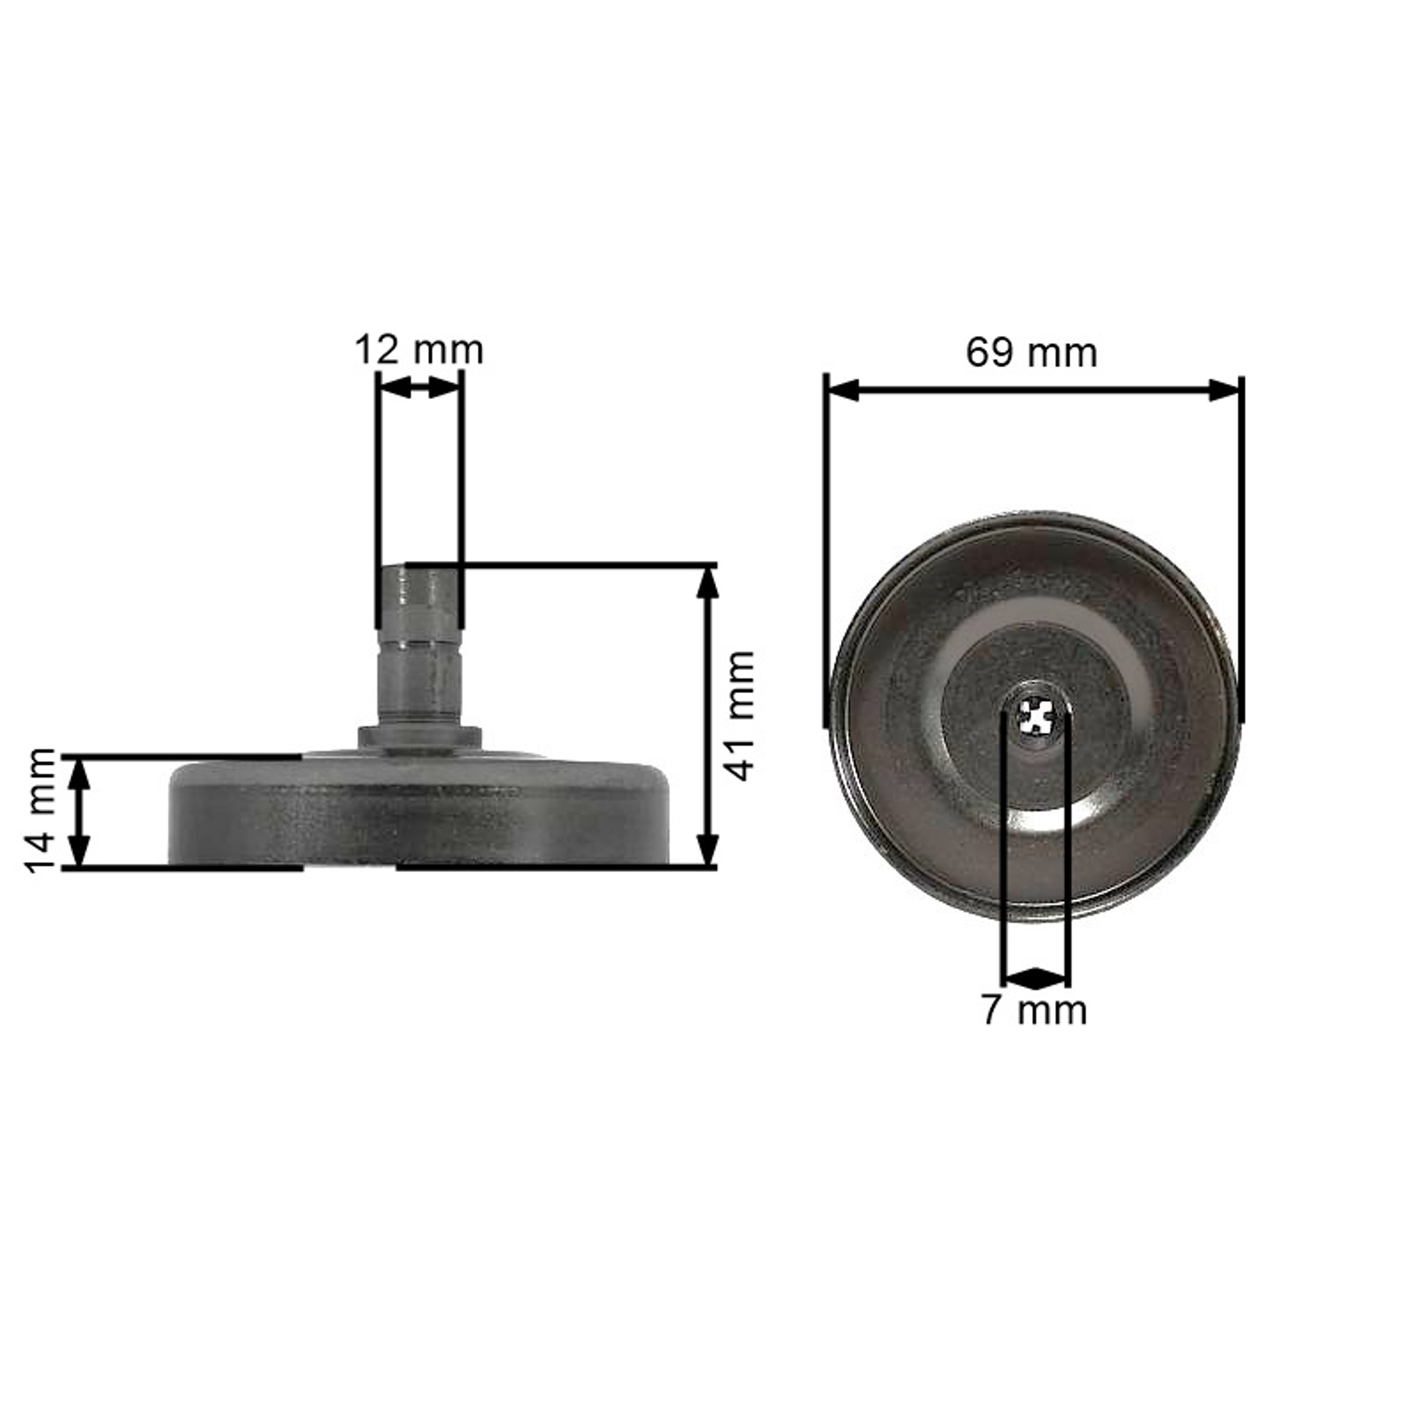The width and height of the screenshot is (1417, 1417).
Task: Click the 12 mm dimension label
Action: tap(419, 350)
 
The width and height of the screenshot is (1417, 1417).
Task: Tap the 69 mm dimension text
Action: tap(1031, 353)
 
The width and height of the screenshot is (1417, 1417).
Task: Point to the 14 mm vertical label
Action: tap(41, 811)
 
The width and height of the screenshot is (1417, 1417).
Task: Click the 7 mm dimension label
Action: tap(1034, 1011)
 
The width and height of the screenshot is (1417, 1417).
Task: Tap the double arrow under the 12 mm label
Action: tap(419, 388)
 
